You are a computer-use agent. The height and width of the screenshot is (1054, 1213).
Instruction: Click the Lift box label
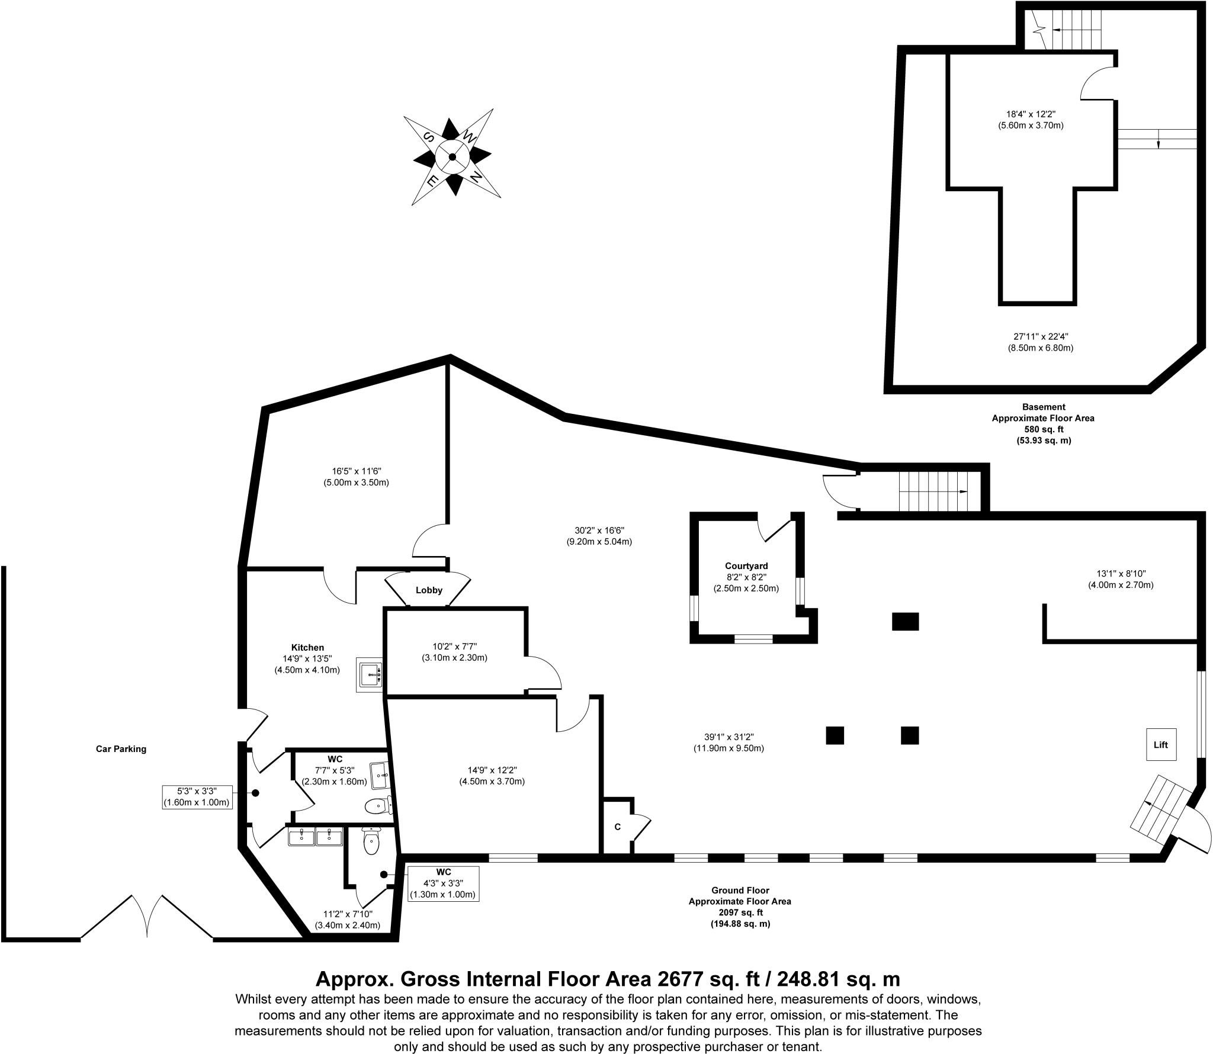click(x=1160, y=744)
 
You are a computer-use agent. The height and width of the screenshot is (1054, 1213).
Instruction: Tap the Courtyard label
click(x=746, y=566)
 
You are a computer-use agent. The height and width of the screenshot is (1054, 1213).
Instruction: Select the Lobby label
click(x=429, y=590)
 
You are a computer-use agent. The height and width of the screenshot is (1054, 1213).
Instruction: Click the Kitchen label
click(x=307, y=647)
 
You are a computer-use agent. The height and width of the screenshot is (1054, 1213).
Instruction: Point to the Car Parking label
click(x=121, y=748)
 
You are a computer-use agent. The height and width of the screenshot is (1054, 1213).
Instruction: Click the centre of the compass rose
click(x=452, y=157)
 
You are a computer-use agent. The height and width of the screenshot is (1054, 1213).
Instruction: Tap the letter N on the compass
click(x=475, y=176)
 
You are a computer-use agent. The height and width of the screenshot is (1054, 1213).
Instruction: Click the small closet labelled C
click(x=617, y=827)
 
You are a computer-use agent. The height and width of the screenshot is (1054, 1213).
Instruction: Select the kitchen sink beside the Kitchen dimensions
click(x=370, y=674)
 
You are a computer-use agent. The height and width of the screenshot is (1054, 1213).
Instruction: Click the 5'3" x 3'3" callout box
click(x=197, y=797)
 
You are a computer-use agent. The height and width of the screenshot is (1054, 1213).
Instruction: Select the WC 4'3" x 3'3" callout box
click(x=443, y=884)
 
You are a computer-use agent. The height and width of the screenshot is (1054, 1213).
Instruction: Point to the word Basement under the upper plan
click(x=1043, y=407)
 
